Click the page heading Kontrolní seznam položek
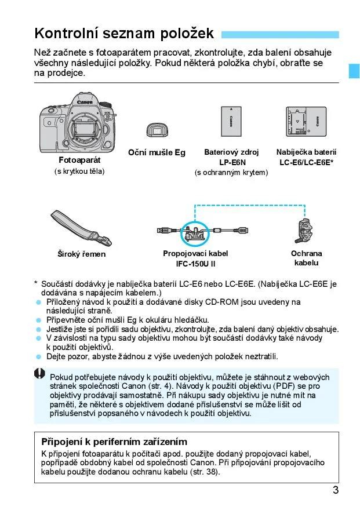click(x=124, y=33)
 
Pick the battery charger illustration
click(x=306, y=123)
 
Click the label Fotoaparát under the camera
click(x=79, y=159)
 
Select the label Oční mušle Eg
click(x=157, y=152)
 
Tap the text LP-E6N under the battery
click(x=231, y=162)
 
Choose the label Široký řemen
click(x=81, y=254)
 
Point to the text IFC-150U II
click(x=195, y=264)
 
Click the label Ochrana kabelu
click(x=306, y=258)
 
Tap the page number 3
click(x=336, y=490)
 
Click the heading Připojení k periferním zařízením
click(x=114, y=442)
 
